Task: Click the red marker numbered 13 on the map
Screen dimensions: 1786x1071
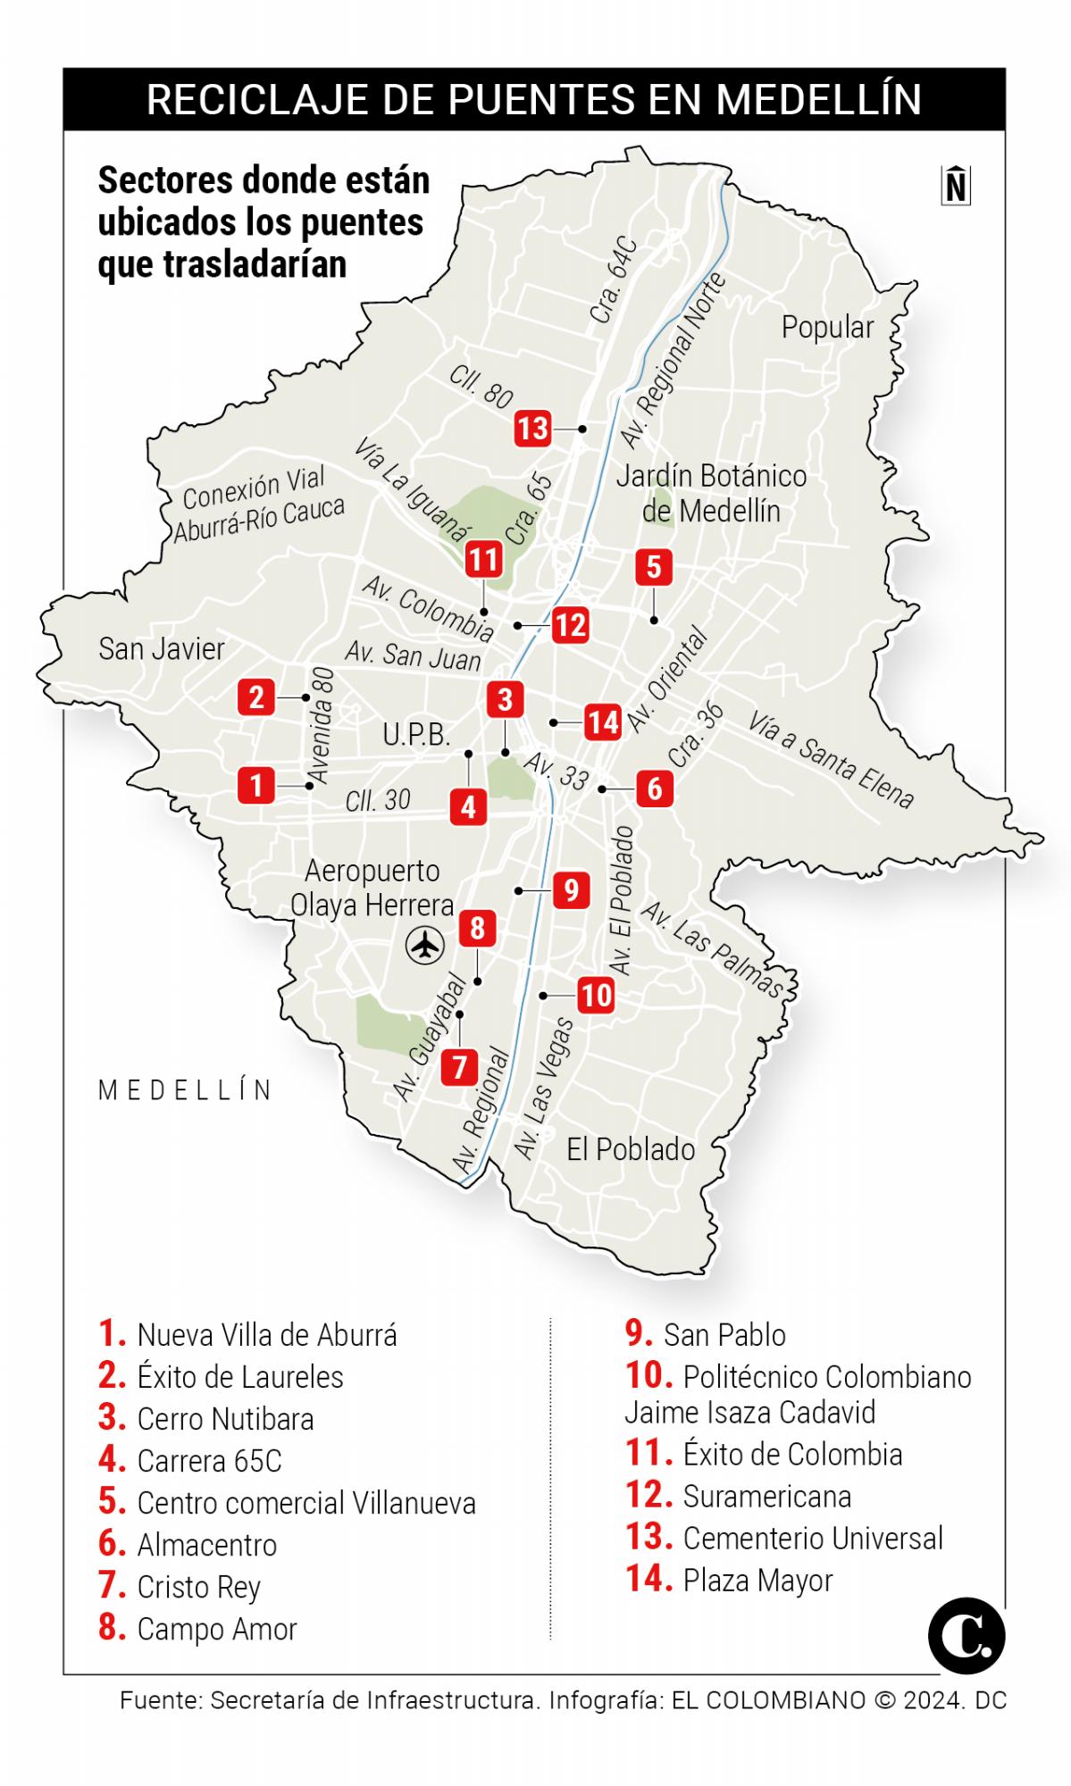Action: click(532, 429)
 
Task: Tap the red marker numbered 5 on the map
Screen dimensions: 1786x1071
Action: click(654, 567)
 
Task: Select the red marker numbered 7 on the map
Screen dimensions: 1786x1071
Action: click(459, 1066)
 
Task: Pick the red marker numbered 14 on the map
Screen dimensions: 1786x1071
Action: click(603, 722)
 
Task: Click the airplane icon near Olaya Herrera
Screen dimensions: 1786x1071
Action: click(425, 945)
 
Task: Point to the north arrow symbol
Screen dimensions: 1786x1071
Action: click(955, 186)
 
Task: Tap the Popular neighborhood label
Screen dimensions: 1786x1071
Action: click(827, 327)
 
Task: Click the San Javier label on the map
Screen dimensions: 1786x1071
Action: click(162, 648)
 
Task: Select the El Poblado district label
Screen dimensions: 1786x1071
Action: click(631, 1149)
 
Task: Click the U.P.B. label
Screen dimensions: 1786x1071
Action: click(416, 735)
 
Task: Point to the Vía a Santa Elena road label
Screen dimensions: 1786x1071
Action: click(831, 760)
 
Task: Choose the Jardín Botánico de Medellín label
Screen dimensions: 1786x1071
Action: click(711, 493)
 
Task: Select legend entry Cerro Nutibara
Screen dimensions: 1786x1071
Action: click(225, 1418)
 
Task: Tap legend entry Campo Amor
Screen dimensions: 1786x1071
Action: click(216, 1628)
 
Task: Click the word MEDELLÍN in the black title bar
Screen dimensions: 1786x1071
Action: click(819, 99)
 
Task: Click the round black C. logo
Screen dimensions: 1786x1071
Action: click(966, 1636)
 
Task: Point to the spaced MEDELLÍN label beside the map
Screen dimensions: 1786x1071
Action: click(186, 1090)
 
